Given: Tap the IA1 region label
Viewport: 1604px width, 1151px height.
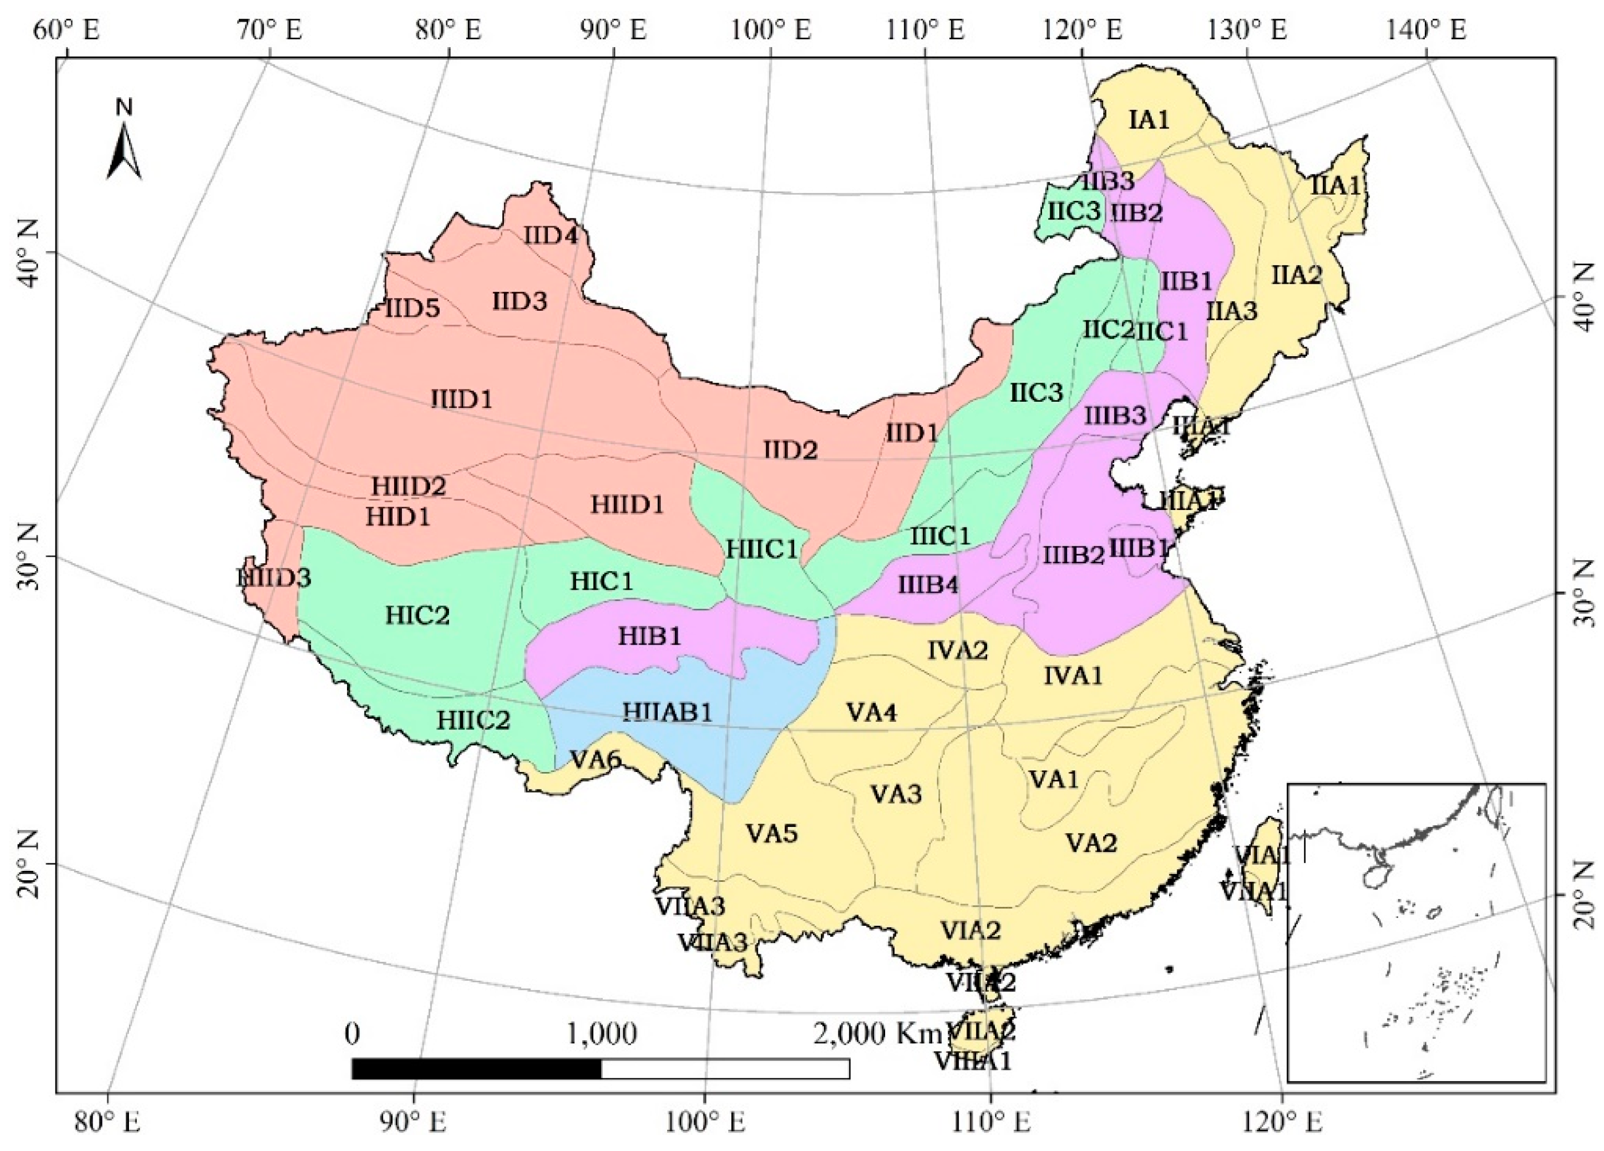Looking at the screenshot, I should (1149, 120).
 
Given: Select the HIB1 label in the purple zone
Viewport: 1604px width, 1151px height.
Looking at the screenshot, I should (650, 636).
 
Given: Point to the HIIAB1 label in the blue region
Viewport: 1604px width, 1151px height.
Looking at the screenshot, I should (668, 712).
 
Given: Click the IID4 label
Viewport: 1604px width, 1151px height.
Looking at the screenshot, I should (551, 236).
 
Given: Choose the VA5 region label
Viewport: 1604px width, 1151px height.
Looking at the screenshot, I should (772, 834).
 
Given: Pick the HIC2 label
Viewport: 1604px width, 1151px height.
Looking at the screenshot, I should (417, 615).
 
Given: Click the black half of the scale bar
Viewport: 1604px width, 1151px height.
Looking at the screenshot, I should (476, 1068).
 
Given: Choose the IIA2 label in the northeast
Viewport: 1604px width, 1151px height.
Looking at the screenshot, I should (1296, 274).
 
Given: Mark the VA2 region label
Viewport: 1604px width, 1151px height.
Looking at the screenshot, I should (1091, 843).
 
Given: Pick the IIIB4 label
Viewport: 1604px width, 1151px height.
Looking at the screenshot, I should (929, 586).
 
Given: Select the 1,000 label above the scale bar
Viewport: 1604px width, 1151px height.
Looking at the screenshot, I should (601, 1033).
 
